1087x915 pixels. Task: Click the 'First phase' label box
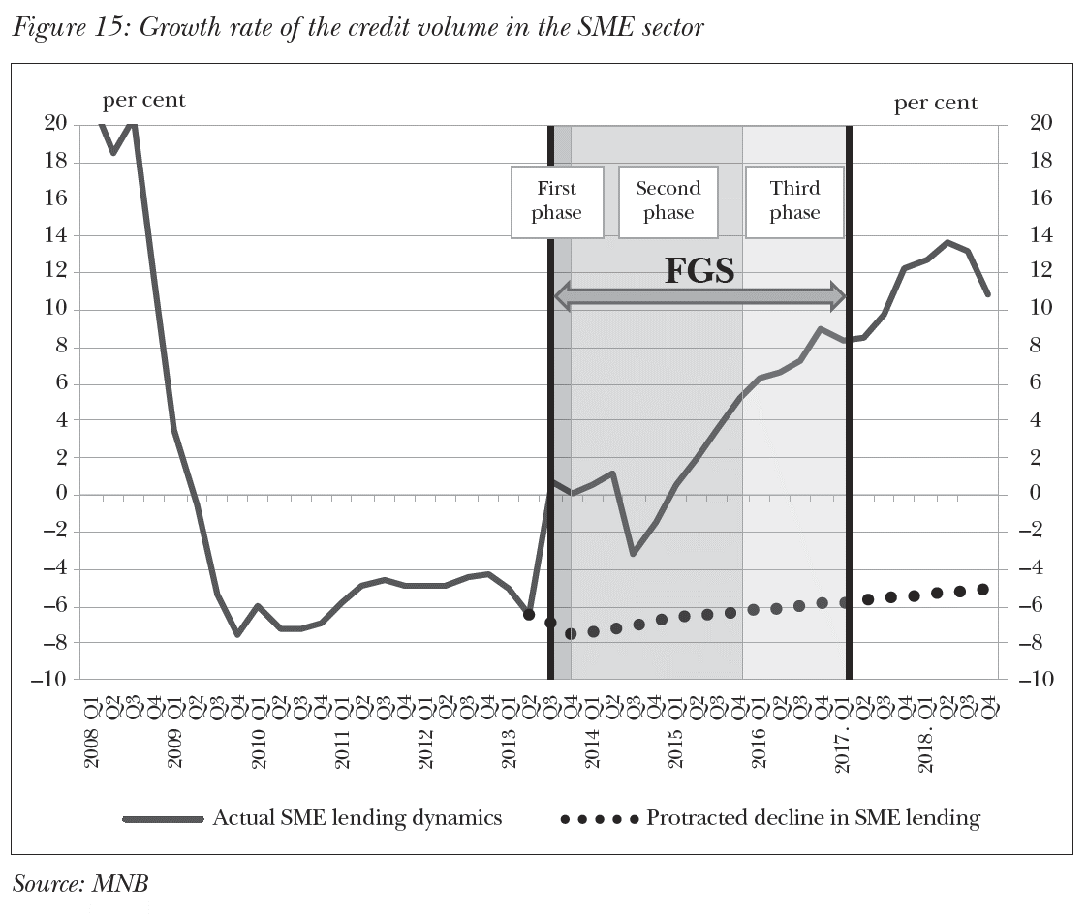pyautogui.click(x=556, y=200)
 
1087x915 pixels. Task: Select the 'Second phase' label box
pyautogui.click(x=668, y=200)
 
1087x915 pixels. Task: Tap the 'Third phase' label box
pyautogui.click(x=794, y=200)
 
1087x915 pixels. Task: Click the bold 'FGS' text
pyautogui.click(x=699, y=270)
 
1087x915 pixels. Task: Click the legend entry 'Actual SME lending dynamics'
pyautogui.click(x=357, y=818)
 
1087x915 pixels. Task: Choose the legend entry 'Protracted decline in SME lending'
pyautogui.click(x=813, y=818)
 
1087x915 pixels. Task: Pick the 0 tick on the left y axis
pyautogui.click(x=60, y=495)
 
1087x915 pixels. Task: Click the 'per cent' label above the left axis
pyautogui.click(x=143, y=100)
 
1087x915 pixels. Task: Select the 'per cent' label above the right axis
pyautogui.click(x=935, y=103)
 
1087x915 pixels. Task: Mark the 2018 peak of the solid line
pyautogui.click(x=947, y=242)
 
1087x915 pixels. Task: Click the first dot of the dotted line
pyautogui.click(x=529, y=614)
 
